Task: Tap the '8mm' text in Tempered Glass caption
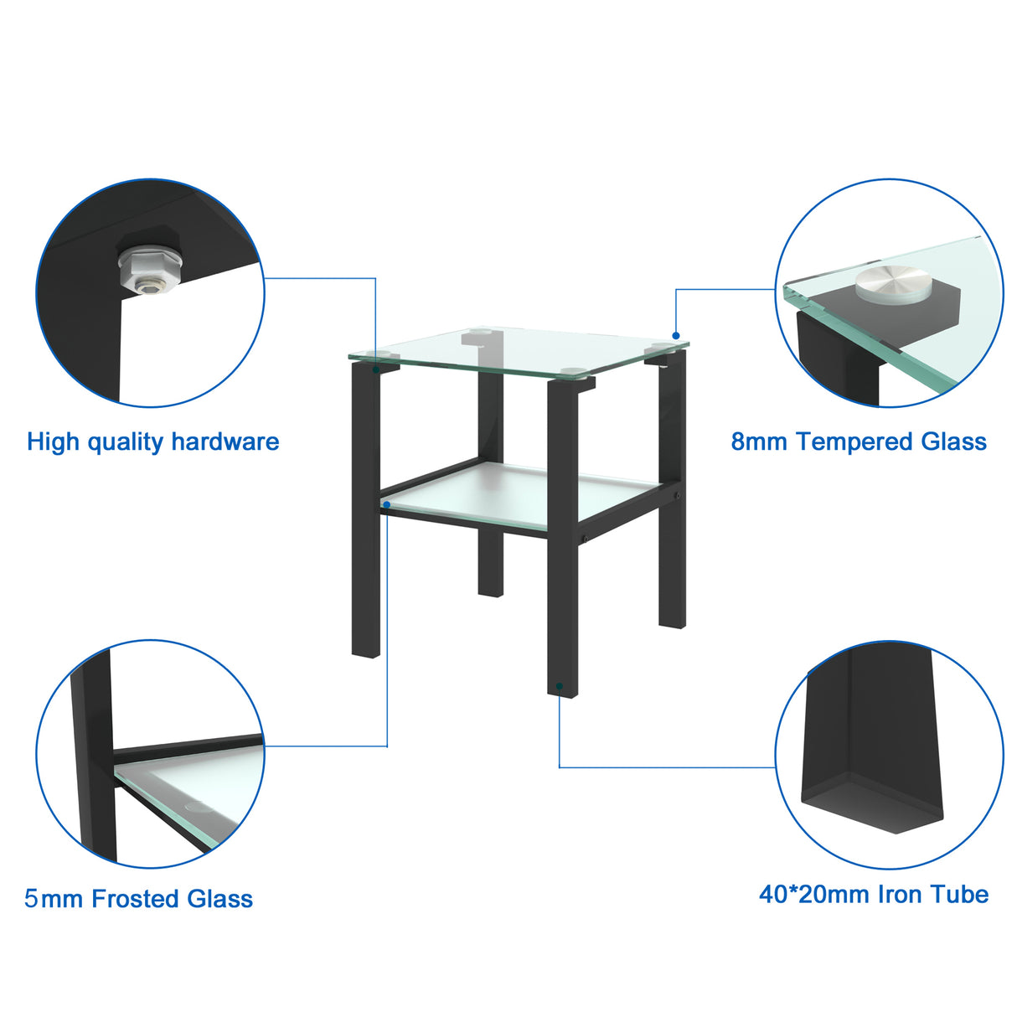tap(759, 441)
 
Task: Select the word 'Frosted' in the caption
tap(136, 899)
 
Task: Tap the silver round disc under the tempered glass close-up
tap(886, 282)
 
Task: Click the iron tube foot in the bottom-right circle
tap(871, 762)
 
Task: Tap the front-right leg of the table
tap(562, 536)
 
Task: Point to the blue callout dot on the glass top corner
tap(676, 336)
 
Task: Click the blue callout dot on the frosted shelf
tap(386, 504)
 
